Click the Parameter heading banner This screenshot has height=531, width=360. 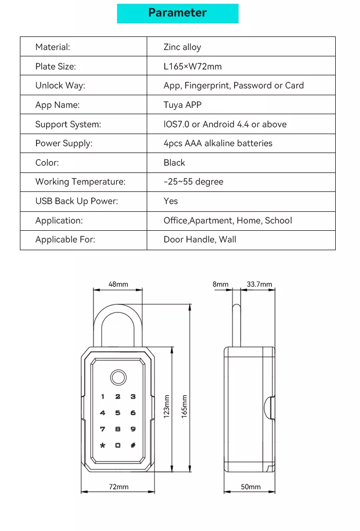(x=177, y=13)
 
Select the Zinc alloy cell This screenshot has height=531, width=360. (x=182, y=47)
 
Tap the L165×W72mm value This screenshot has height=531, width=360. (x=192, y=67)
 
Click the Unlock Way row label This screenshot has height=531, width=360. (x=60, y=86)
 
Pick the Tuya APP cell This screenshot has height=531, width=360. (x=182, y=105)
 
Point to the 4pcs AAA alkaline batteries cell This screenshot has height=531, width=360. (x=218, y=143)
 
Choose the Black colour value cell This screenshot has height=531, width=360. (x=174, y=163)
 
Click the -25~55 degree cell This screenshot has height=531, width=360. (x=193, y=182)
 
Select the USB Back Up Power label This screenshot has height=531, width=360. (x=77, y=201)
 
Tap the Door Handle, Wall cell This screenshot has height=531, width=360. (x=200, y=240)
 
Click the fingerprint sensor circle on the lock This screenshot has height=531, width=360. (x=118, y=377)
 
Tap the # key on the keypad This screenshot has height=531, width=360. (x=133, y=445)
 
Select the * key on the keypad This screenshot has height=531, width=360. (x=103, y=445)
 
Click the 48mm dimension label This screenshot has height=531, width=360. (x=118, y=284)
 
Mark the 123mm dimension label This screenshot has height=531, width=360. (x=167, y=406)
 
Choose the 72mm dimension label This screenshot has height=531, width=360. (x=119, y=486)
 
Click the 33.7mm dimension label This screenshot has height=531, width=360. (x=259, y=284)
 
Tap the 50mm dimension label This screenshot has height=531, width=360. (x=251, y=486)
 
